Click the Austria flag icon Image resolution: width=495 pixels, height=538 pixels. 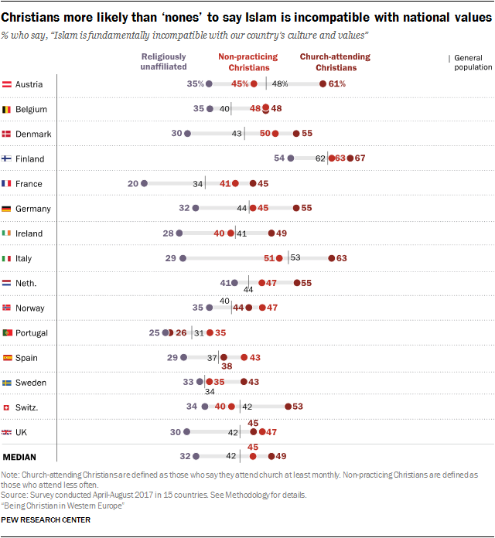pyautogui.click(x=7, y=84)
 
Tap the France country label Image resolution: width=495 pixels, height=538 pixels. pyautogui.click(x=29, y=184)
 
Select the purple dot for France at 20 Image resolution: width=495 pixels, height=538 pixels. pyautogui.click(x=144, y=184)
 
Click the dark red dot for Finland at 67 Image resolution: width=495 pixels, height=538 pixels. pyautogui.click(x=350, y=158)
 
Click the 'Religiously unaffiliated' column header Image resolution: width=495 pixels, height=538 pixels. pyautogui.click(x=163, y=62)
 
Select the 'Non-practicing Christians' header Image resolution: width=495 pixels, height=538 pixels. pyautogui.click(x=249, y=62)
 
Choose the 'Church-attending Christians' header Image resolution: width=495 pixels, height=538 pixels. pyautogui.click(x=335, y=62)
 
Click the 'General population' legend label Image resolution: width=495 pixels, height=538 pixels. pyautogui.click(x=473, y=62)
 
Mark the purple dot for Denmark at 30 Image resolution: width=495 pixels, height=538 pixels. pyautogui.click(x=187, y=134)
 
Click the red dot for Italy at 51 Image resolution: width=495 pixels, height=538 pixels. pyautogui.click(x=281, y=258)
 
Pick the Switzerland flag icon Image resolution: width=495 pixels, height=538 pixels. pyautogui.click(x=7, y=407)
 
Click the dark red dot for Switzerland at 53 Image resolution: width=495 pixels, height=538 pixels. pyautogui.click(x=288, y=407)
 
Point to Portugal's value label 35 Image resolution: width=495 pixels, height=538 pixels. pyautogui.click(x=220, y=333)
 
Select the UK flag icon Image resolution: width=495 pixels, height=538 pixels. pyautogui.click(x=7, y=432)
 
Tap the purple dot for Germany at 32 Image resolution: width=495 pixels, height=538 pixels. pyautogui.click(x=196, y=209)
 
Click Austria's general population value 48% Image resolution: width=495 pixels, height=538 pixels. pyautogui.click(x=279, y=84)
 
